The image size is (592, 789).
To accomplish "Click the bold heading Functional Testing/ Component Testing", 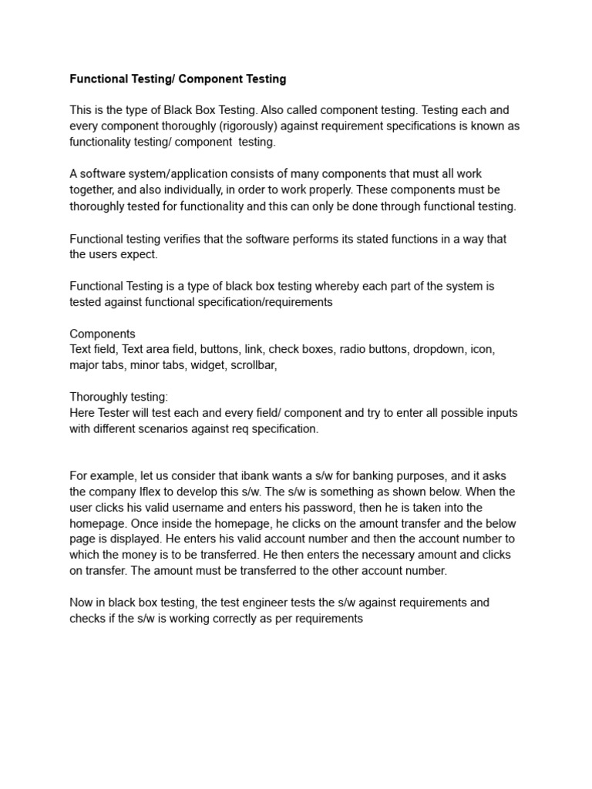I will (x=178, y=79).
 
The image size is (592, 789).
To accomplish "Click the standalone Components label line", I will (x=103, y=334).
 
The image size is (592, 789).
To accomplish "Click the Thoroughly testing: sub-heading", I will (x=119, y=397).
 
